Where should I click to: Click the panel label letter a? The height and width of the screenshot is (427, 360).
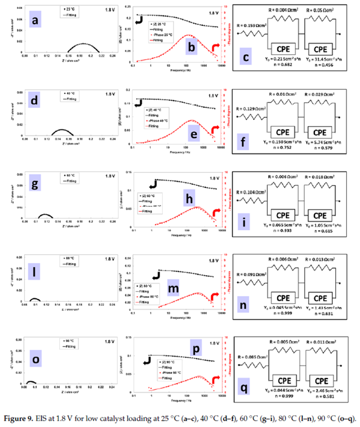(x=35, y=22)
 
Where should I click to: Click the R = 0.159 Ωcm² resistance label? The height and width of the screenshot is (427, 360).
(x=250, y=24)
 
